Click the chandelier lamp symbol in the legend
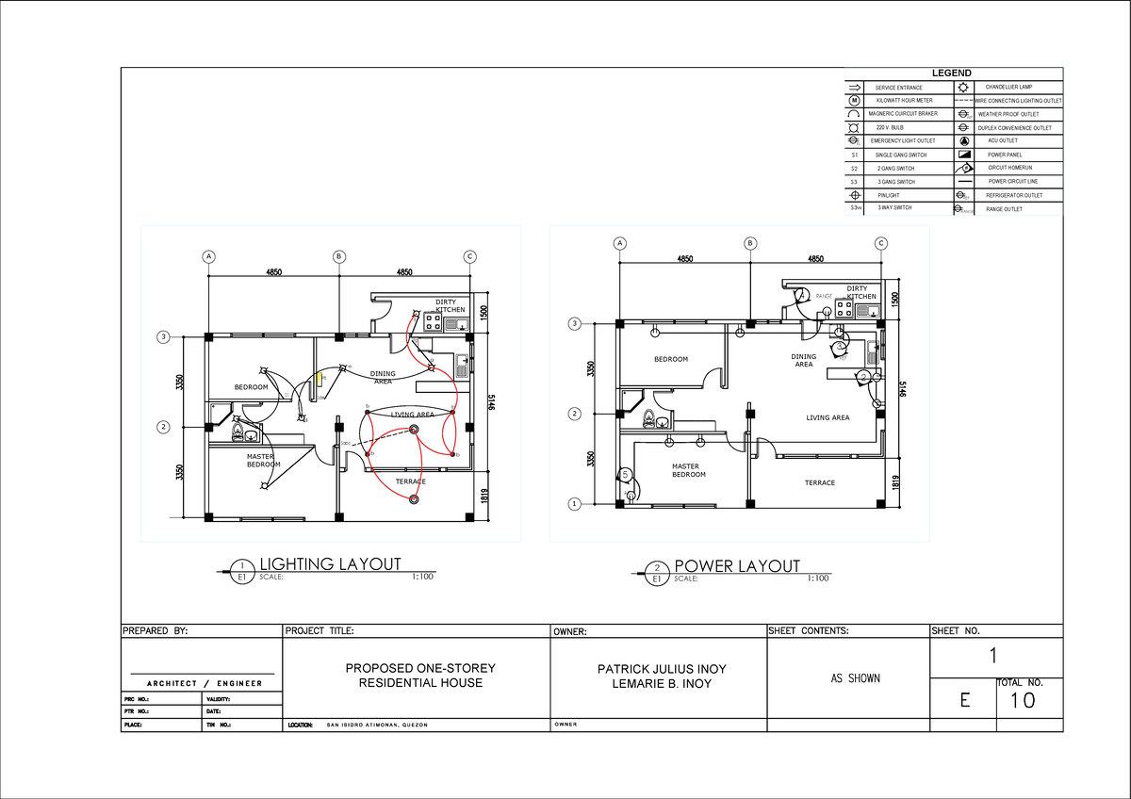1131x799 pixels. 962,88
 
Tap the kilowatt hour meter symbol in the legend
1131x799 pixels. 854,101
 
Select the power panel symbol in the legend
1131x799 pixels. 962,154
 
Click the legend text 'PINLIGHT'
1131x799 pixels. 888,195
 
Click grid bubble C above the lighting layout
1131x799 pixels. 468,256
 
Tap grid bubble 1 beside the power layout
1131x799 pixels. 572,504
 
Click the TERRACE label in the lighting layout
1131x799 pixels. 410,482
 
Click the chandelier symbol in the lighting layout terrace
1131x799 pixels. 414,499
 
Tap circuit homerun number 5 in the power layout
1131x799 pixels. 625,474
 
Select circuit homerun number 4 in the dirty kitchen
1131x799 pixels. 801,294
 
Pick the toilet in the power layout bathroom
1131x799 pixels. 647,418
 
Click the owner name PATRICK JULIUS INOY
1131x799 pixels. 662,669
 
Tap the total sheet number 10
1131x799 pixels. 1022,701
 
